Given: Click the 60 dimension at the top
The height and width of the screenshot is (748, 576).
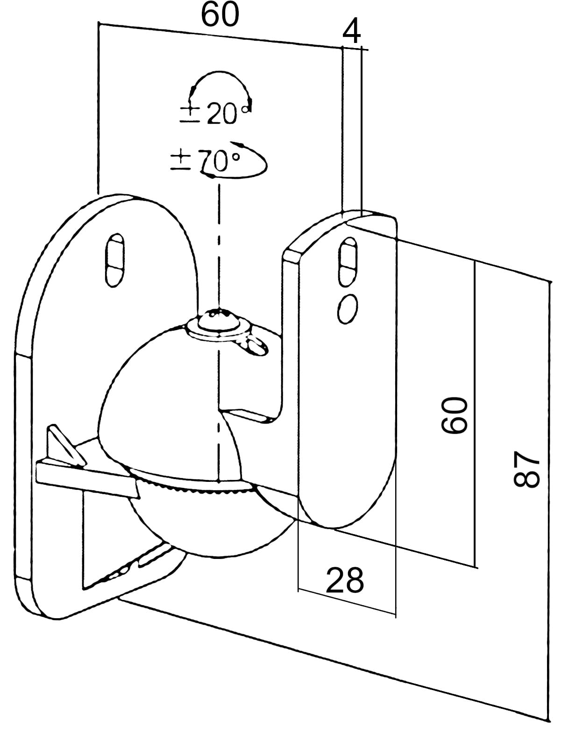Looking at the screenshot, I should (x=220, y=15).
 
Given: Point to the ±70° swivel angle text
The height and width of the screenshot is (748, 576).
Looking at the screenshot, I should (x=206, y=161).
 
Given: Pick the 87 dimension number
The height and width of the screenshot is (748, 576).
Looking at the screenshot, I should (x=527, y=469).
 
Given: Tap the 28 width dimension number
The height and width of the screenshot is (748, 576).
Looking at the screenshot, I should (x=345, y=580).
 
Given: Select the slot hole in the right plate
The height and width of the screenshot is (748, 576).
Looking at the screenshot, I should (x=348, y=261).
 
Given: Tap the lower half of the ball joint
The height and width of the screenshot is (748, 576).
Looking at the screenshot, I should (x=210, y=523).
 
